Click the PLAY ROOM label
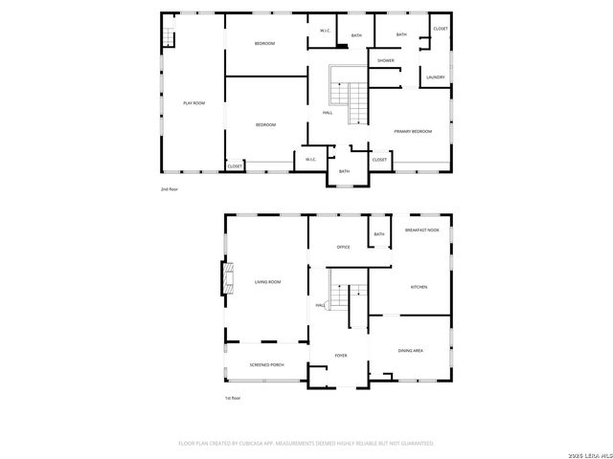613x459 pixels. point(194,102)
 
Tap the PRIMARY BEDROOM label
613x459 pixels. point(412,131)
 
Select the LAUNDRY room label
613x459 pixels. point(436,77)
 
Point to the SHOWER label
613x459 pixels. point(385,60)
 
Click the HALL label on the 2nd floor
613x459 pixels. point(327,114)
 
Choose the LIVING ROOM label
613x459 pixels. point(267,282)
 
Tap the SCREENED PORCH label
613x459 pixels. point(266,365)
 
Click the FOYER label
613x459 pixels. point(340,356)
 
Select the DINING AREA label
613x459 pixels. point(411,351)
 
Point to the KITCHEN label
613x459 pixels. point(419,287)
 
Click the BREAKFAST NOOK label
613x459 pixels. point(421,230)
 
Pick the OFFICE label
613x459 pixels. point(343,248)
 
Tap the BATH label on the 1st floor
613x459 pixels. point(378,234)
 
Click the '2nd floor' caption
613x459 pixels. point(169,189)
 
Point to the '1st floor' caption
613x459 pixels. point(233,398)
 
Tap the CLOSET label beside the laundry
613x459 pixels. point(440,29)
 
